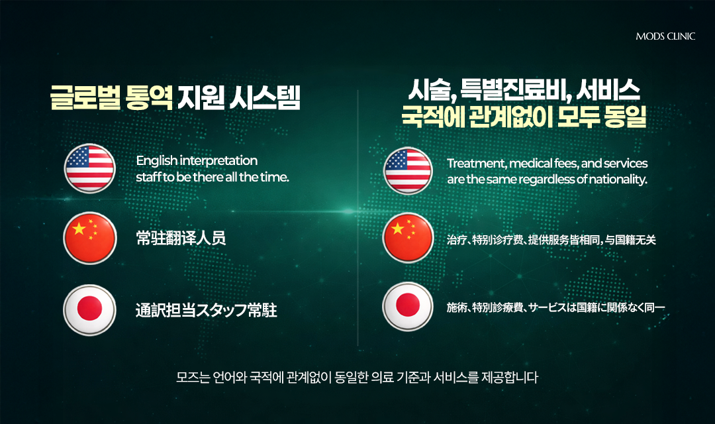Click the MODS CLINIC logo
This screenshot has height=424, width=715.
point(665,36)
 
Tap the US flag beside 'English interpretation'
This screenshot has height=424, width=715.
point(89,168)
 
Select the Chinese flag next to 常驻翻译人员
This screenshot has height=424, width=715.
point(90,238)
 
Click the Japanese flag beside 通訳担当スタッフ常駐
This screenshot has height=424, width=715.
point(89,310)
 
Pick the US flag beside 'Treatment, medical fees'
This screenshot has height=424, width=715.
point(408,171)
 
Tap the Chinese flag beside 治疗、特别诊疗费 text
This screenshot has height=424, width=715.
point(408,238)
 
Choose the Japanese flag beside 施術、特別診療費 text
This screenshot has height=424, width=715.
point(408,306)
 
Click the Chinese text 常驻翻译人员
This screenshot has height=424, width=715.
point(181,238)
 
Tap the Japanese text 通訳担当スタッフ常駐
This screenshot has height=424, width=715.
point(207,310)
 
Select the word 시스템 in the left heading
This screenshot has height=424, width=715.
point(265,97)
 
